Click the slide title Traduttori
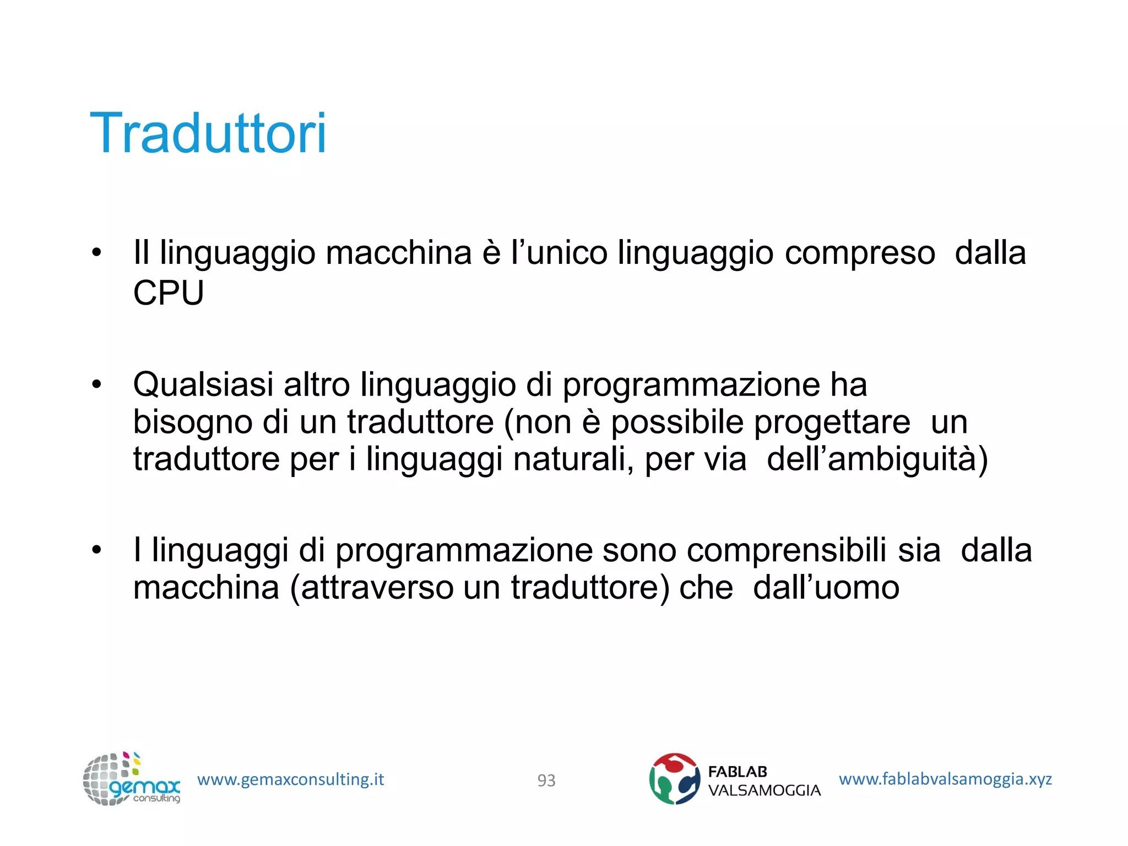pos(208,133)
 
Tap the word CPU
pos(169,292)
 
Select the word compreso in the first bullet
pos(860,253)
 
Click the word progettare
pos(832,423)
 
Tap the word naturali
pos(573,459)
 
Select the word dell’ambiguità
pos(877,459)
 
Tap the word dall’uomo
pos(826,587)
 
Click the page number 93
pos(546,780)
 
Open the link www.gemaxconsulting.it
pos(290,779)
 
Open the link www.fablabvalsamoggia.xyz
pos(945,779)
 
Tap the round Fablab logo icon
pos(674,779)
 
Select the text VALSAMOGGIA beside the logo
pos(764,790)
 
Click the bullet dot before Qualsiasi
pos(97,384)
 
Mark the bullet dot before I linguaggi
pos(97,550)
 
